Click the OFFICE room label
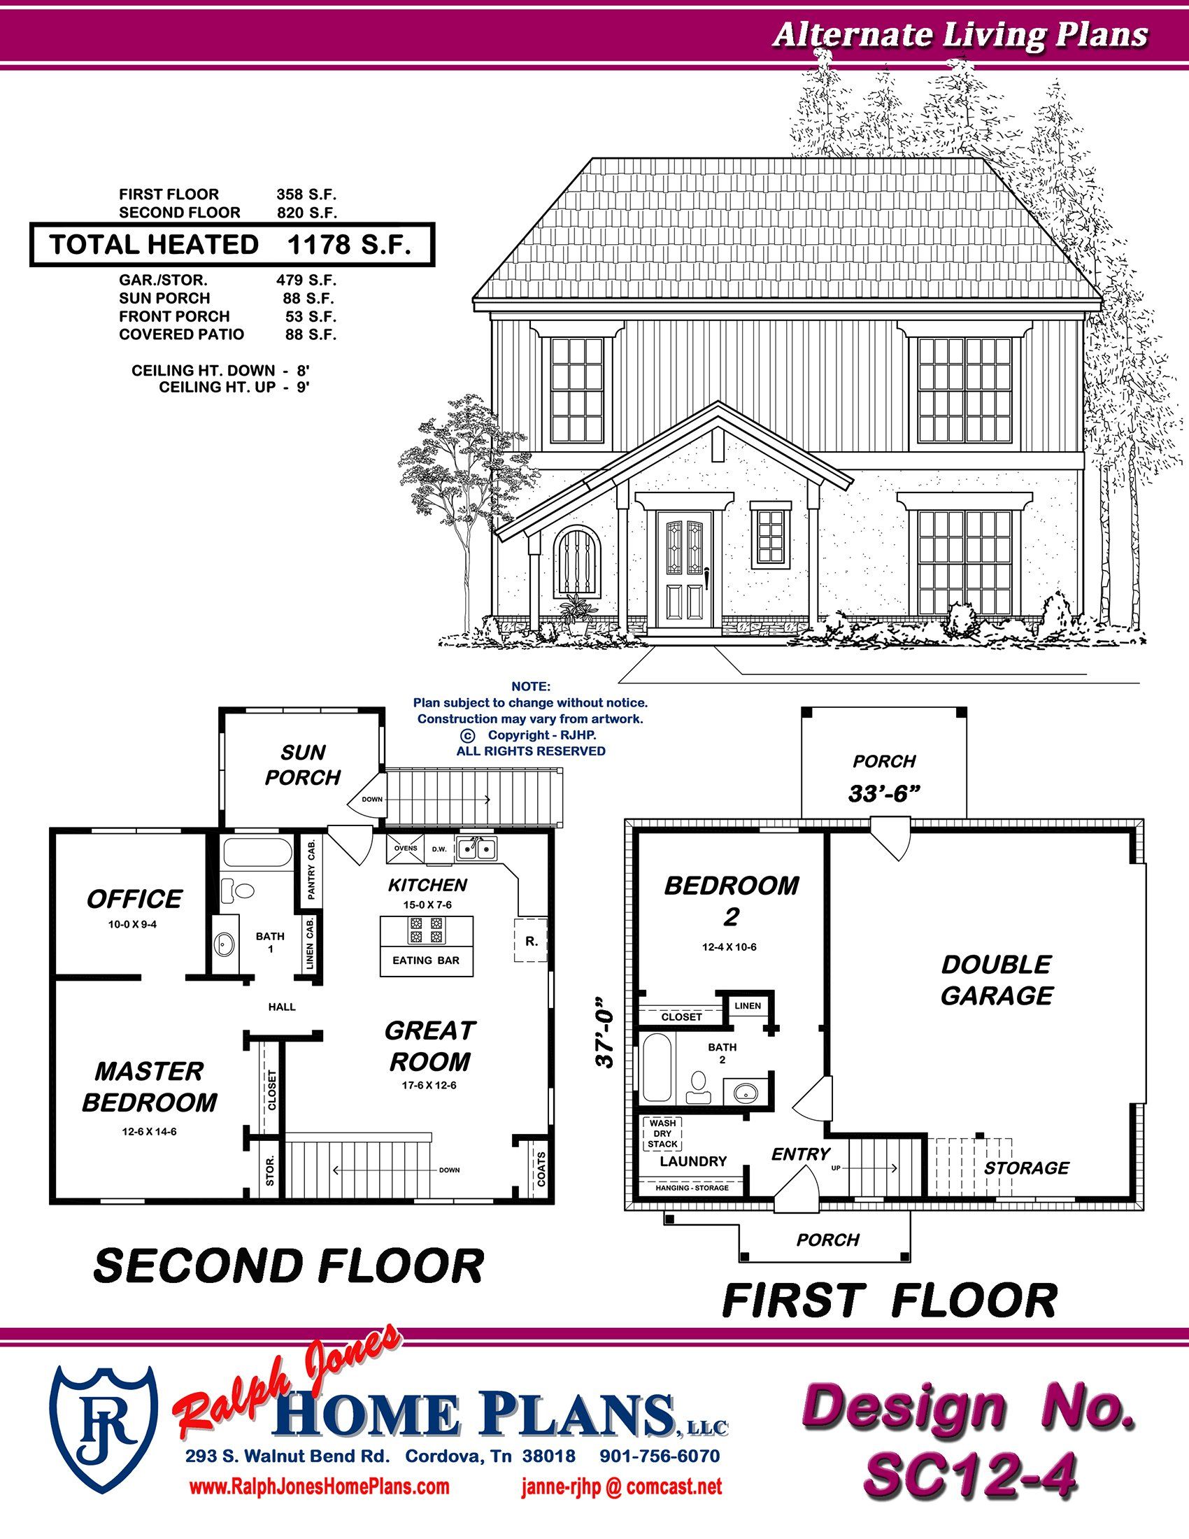tap(134, 899)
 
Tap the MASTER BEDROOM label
tap(150, 1086)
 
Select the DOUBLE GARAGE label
tap(997, 980)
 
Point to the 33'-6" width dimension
tap(884, 794)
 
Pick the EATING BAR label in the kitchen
tap(426, 960)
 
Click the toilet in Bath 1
tap(237, 891)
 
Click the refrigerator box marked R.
tap(530, 939)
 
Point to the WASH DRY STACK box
tap(662, 1133)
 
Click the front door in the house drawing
tap(684, 570)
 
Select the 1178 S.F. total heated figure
tap(349, 245)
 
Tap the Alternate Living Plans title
tap(961, 34)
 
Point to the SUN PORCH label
tap(303, 765)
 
